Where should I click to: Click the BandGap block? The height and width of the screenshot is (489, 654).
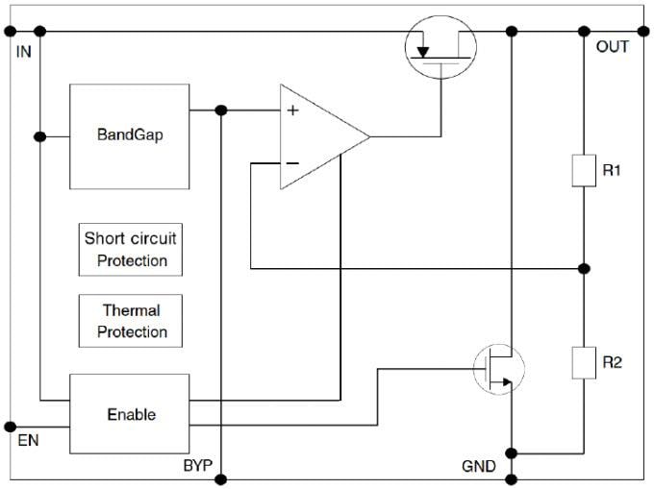(130, 135)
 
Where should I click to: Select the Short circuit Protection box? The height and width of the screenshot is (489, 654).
(130, 249)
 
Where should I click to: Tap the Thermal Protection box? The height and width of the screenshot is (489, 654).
(130, 321)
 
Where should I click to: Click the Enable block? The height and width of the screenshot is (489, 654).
(130, 414)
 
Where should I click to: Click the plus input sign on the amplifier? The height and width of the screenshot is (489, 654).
(292, 110)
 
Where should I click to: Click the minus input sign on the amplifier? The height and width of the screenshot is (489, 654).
(292, 163)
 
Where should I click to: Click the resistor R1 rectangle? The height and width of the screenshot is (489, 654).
(585, 169)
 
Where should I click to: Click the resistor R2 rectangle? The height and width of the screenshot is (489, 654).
(585, 362)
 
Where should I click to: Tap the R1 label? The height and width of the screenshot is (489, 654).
(613, 170)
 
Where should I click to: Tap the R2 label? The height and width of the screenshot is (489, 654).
(613, 362)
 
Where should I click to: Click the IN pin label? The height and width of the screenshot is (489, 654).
(24, 51)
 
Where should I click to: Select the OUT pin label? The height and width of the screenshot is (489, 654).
(613, 47)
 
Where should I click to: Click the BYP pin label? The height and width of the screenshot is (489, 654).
(197, 467)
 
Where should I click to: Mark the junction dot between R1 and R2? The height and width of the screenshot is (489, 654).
(585, 268)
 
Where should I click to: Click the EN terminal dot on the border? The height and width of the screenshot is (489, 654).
(11, 426)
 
